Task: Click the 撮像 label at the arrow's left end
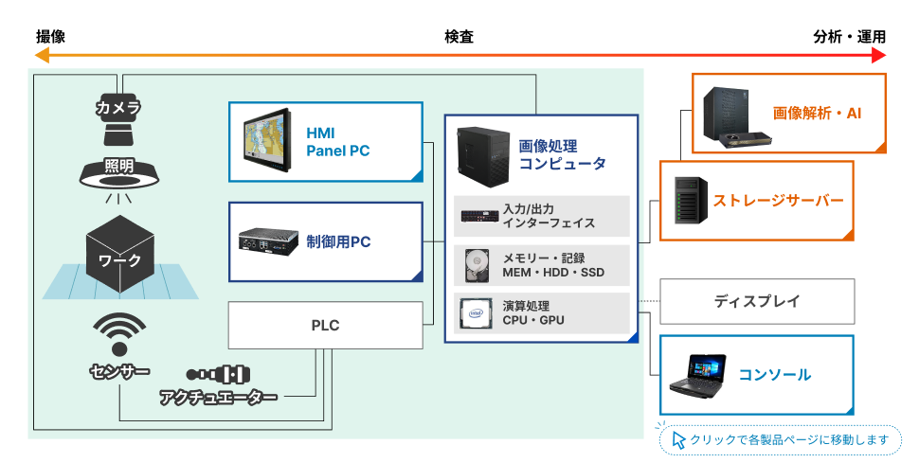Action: pos(50,37)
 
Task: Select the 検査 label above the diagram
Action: pos(459,37)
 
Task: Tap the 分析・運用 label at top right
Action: pos(849,37)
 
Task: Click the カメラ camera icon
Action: pos(118,110)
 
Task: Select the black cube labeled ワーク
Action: pos(119,250)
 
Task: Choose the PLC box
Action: pos(325,326)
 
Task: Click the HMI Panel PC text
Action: pos(337,141)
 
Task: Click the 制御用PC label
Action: pos(338,241)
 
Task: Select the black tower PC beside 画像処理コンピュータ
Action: pos(482,154)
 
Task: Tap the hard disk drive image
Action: pos(478,265)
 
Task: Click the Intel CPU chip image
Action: pos(478,313)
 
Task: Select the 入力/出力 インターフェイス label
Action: pos(549,216)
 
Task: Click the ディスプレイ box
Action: pos(757,302)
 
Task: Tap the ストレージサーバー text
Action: pos(778,201)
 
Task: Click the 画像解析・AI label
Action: pos(817,113)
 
